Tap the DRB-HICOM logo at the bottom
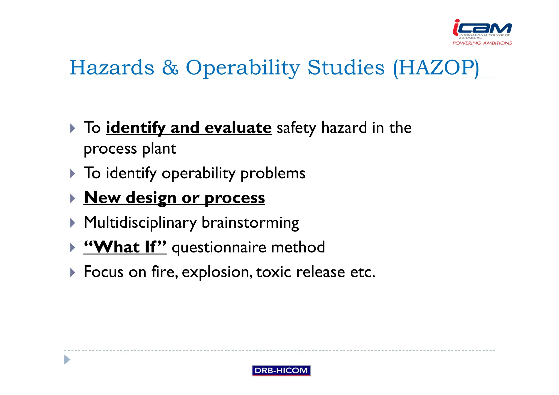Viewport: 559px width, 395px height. pyautogui.click(x=281, y=370)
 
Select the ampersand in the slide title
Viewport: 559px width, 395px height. pyautogui.click(x=170, y=67)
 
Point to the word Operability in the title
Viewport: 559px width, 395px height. pyautogui.click(x=243, y=67)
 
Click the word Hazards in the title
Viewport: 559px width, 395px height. pyautogui.click(x=112, y=67)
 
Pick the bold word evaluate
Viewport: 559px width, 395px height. pyautogui.click(x=238, y=127)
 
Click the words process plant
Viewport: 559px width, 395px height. pyautogui.click(x=130, y=149)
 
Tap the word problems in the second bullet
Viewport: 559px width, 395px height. pyautogui.click(x=273, y=173)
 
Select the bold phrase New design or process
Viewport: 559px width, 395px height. pyautogui.click(x=174, y=197)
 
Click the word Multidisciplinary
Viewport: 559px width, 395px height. pyautogui.click(x=140, y=222)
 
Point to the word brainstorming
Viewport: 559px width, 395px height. pyautogui.click(x=250, y=222)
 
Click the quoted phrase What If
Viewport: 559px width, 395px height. pyautogui.click(x=125, y=247)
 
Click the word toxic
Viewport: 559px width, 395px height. pyautogui.click(x=273, y=272)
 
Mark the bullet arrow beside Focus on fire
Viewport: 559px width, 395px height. pyautogui.click(x=72, y=272)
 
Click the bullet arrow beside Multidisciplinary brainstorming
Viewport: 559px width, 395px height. pyautogui.click(x=72, y=223)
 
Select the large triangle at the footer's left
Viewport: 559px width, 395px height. pyautogui.click(x=67, y=360)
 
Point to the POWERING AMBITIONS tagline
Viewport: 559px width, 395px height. pyautogui.click(x=482, y=43)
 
